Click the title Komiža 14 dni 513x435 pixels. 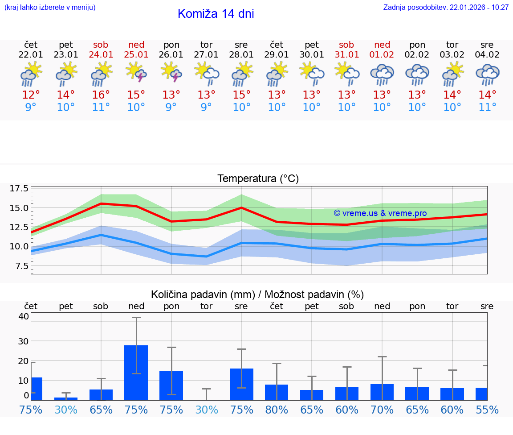point(216,14)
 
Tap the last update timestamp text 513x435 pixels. point(446,7)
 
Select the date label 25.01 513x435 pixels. point(136,55)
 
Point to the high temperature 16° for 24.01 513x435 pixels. point(101,95)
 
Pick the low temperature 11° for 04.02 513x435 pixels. point(487,108)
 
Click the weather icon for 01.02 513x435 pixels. point(382,74)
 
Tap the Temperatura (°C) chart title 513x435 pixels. point(258,179)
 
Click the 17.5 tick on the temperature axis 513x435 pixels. point(19,188)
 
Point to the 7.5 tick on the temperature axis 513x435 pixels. point(21,266)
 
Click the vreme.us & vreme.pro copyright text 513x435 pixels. point(380,213)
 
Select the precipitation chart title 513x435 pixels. point(257,294)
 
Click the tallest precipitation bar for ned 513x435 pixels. point(136,373)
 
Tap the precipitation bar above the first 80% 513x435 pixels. point(277,392)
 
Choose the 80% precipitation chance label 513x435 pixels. point(277,410)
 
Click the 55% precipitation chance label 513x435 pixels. point(487,410)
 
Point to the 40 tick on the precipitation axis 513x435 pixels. point(24,316)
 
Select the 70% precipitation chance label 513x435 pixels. point(382,410)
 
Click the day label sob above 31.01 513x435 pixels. point(346,45)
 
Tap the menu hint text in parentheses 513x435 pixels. point(49,7)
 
